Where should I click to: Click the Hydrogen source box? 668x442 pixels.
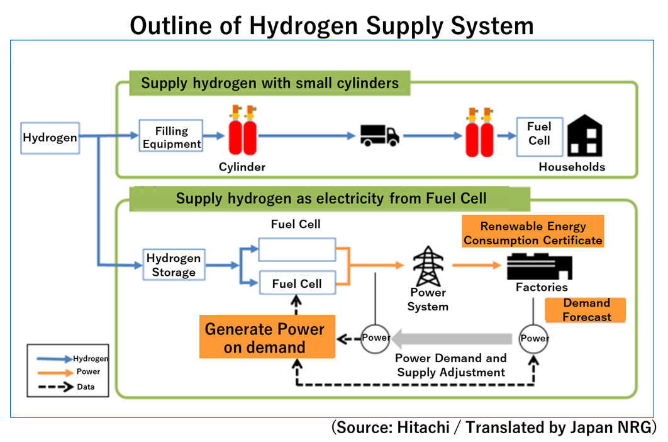(x=50, y=138)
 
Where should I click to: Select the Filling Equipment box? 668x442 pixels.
(x=172, y=137)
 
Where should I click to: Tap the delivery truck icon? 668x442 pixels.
(x=379, y=135)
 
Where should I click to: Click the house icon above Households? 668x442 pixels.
(x=584, y=137)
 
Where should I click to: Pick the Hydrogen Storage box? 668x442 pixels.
(x=173, y=265)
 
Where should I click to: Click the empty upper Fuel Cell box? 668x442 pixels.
(x=297, y=249)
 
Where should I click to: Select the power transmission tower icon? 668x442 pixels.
(x=428, y=266)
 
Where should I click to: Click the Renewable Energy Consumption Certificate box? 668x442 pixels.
(x=533, y=232)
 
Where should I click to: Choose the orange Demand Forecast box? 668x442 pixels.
(x=586, y=310)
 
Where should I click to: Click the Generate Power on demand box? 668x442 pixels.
(x=265, y=337)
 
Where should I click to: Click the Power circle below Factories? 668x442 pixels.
(x=534, y=338)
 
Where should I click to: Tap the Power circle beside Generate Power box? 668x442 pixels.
(x=376, y=338)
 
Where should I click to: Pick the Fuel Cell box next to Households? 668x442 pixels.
(x=539, y=134)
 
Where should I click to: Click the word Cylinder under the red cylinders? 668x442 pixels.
(x=242, y=167)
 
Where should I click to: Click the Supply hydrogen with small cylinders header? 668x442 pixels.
(x=269, y=83)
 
